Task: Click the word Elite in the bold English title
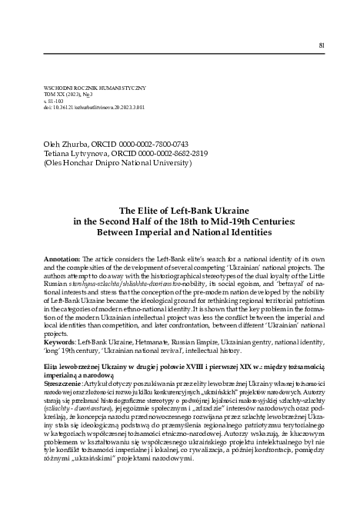[x=129, y=208]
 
